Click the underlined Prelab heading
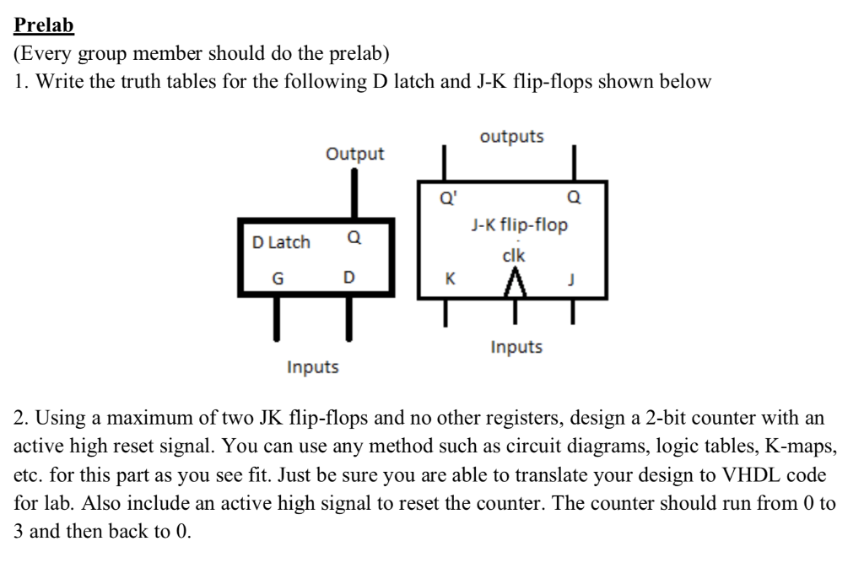[45, 24]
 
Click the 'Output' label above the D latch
[354, 154]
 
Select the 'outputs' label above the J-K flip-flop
[511, 136]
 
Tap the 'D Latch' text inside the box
[281, 242]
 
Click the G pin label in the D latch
[277, 277]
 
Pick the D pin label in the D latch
[348, 277]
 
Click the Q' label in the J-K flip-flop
[445, 199]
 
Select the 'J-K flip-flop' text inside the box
[519, 225]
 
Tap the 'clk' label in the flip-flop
[513, 256]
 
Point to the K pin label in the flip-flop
[450, 277]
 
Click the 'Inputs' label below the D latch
[312, 367]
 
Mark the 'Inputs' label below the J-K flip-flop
[516, 347]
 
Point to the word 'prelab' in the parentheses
[360, 54]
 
